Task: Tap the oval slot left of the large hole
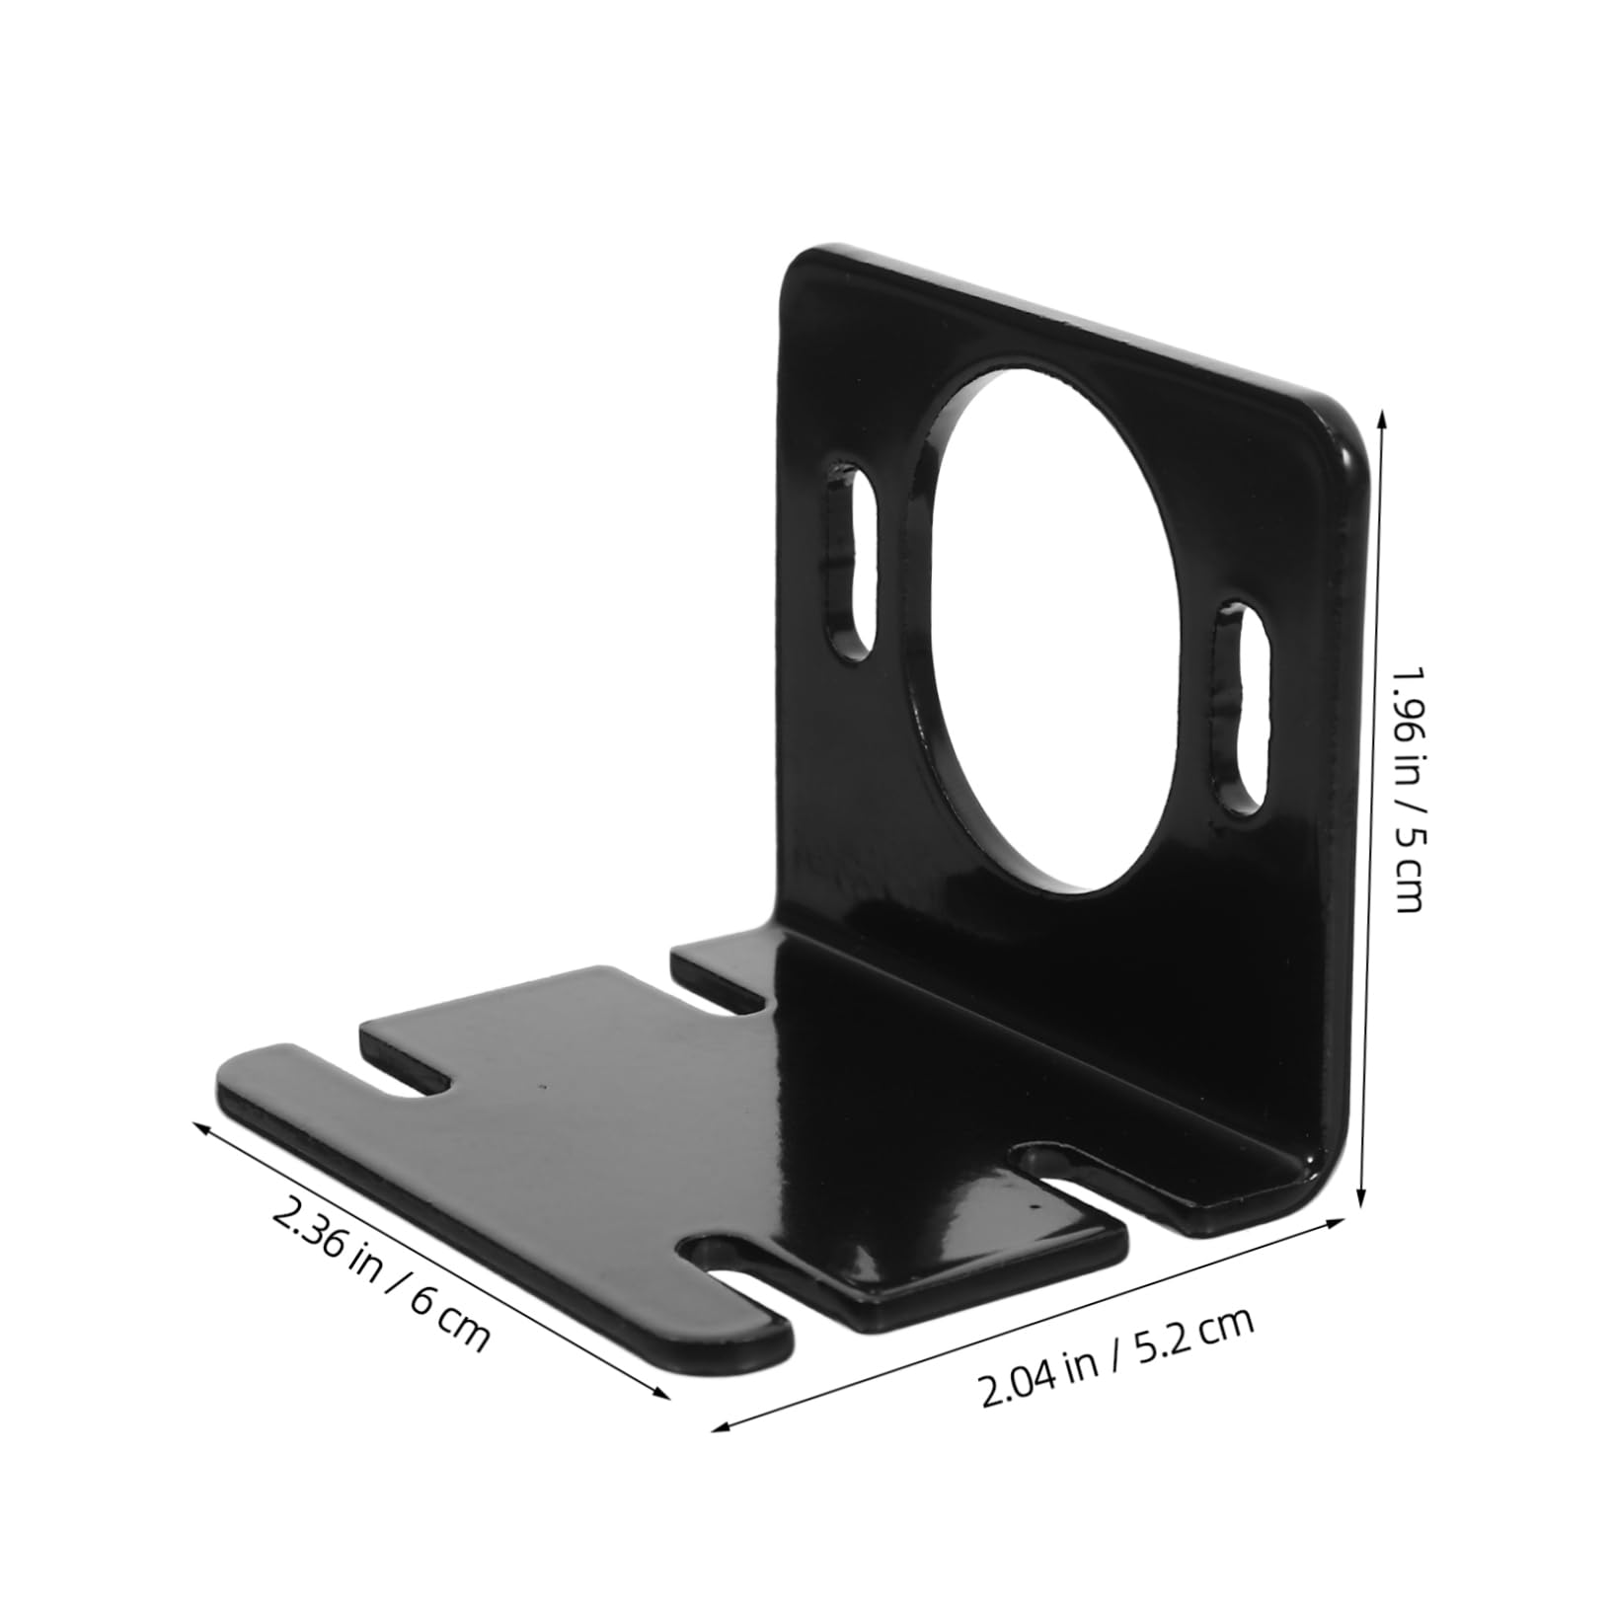(x=851, y=556)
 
